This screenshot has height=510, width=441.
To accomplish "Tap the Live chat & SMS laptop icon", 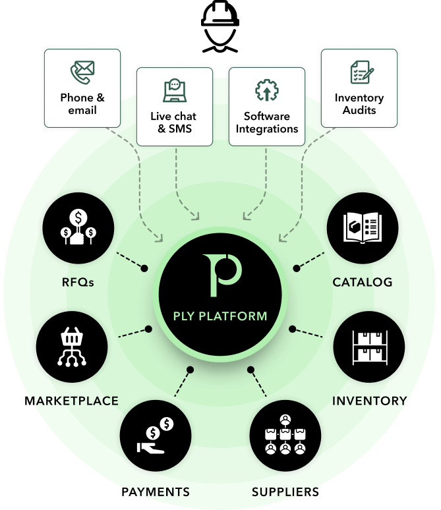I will point(175,90).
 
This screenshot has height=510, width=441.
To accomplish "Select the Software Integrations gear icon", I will point(267,90).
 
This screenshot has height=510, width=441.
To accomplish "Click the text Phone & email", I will point(82,103).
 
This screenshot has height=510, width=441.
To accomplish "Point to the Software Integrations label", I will point(267,123).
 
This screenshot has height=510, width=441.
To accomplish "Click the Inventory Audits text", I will point(359,104).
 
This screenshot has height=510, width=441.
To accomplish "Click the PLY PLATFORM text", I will point(220,316).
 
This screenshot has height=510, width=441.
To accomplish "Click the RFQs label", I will point(78,282).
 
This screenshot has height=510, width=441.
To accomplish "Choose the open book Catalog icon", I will point(363,228).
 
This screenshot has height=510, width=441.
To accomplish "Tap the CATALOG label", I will point(363,282).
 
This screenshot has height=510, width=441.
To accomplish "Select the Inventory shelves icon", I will point(369,347).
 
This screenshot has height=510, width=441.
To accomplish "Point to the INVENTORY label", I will point(369,400).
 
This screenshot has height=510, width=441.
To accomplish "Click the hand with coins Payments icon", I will point(156,436).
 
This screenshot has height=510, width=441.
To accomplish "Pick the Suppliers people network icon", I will point(285,436).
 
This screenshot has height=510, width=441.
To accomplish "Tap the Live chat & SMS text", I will point(175,123).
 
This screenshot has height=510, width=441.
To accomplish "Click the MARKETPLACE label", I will point(73,400).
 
